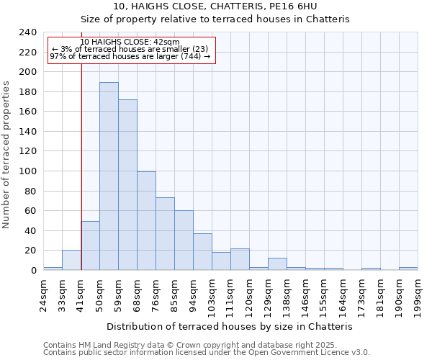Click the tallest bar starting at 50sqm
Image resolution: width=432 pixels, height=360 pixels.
pos(109,176)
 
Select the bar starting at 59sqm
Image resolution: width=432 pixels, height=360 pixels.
pos(127,185)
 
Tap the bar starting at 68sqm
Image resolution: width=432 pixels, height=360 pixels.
pos(146,221)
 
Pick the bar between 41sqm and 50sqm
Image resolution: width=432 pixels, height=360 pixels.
pos(90,246)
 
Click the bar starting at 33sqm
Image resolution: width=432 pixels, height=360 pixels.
pos(71,260)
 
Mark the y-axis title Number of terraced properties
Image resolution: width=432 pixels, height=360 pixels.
pos(7,155)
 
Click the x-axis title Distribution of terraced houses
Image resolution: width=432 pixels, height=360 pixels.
pos(234,326)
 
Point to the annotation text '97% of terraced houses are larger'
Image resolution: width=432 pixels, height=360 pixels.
pos(130,56)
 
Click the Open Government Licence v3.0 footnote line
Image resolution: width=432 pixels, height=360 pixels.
pos(207,352)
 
